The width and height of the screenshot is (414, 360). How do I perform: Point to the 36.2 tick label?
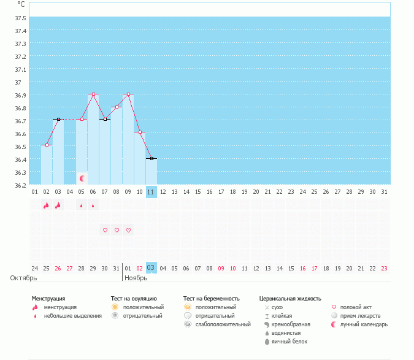pyautogui.click(x=20, y=185)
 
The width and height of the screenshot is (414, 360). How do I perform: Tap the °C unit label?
pyautogui.click(x=21, y=4)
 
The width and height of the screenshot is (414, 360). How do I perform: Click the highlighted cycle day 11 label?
pyautogui.click(x=151, y=192)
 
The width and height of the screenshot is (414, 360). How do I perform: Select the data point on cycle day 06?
pyautogui.click(x=93, y=94)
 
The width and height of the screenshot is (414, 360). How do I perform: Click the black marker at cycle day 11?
pyautogui.click(x=151, y=159)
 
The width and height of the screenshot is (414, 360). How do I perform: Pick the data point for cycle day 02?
pyautogui.click(x=47, y=145)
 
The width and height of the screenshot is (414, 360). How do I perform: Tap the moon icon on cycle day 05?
pyautogui.click(x=82, y=178)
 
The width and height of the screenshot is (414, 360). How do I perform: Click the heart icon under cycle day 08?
pyautogui.click(x=117, y=230)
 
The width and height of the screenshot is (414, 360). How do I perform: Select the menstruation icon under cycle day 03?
pyautogui.click(x=58, y=205)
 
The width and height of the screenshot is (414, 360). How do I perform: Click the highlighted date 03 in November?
pyautogui.click(x=151, y=268)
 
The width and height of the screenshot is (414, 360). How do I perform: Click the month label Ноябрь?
pyautogui.click(x=136, y=278)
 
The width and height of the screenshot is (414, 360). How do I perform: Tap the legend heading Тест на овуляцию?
pyautogui.click(x=134, y=299)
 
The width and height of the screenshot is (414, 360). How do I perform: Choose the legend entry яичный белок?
pyautogui.click(x=290, y=341)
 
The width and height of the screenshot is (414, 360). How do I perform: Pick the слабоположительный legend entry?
pyautogui.click(x=215, y=324)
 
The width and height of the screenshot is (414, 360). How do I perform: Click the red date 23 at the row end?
pyautogui.click(x=384, y=268)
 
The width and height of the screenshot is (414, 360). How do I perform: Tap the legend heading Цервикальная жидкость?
pyautogui.click(x=290, y=299)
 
